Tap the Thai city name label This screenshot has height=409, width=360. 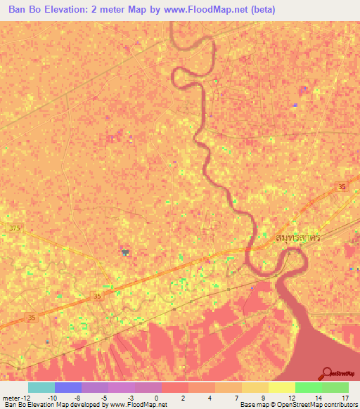click(x=288, y=238)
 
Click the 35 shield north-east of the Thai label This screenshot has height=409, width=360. click(x=342, y=186)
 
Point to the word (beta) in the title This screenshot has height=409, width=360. click(x=260, y=10)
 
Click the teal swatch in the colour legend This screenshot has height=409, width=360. click(x=41, y=387)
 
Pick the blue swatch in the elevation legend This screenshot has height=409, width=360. click(x=68, y=387)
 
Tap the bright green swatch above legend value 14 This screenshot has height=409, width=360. click(x=308, y=387)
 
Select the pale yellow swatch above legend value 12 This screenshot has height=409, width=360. click(x=281, y=387)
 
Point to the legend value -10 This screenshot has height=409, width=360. click(x=51, y=397)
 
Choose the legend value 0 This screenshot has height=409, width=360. click(x=155, y=397)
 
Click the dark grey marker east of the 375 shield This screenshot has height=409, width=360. click(x=125, y=251)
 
